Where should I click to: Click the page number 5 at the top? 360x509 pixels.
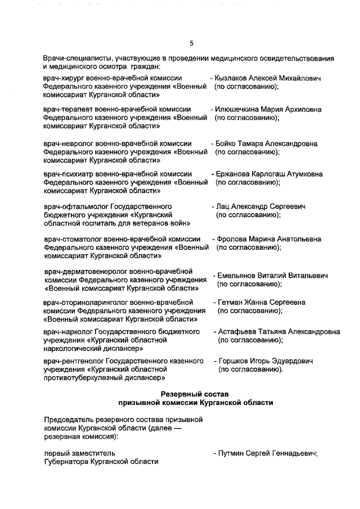(191, 43)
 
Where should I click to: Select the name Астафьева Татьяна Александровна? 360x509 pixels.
(278, 332)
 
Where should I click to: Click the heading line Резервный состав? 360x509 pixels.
(195, 394)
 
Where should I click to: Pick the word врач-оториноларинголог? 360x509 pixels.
(85, 303)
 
